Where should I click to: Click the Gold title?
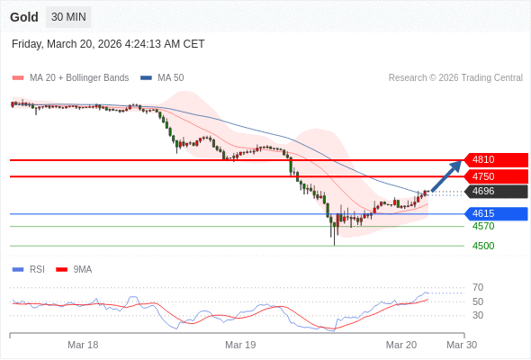[x=23, y=17]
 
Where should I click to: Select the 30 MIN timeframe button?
[x=68, y=17]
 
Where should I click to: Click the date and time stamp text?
[x=108, y=43]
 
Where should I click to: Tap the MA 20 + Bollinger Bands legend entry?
[x=72, y=77]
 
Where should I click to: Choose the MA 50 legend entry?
[x=164, y=77]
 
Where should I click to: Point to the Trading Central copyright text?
[x=455, y=77]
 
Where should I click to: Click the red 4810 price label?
[x=495, y=159]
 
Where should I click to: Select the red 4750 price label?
[x=495, y=176]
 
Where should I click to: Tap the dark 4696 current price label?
[x=495, y=191]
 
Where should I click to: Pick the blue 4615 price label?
[x=495, y=213]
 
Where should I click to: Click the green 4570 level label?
[x=483, y=226]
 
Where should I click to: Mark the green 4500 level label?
[x=483, y=246]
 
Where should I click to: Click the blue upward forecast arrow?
[x=446, y=175]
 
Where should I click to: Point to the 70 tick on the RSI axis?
[x=478, y=287]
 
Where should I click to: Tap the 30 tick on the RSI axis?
[x=478, y=315]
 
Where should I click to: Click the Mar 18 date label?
[x=83, y=345]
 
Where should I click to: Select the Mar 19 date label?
[x=240, y=345]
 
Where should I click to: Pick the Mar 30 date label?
[x=462, y=345]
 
